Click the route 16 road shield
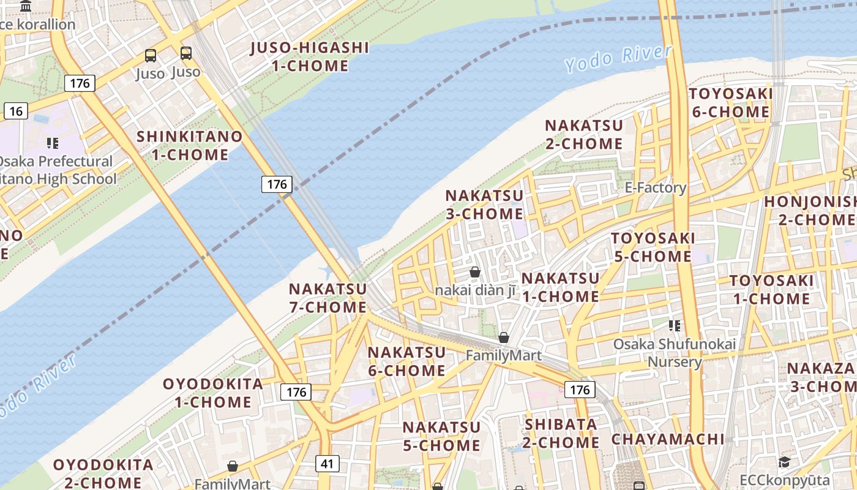(x=15, y=111)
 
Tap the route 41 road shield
(x=327, y=464)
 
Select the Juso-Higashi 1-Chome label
(x=310, y=57)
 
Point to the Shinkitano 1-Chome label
(x=190, y=145)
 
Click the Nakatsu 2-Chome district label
(x=584, y=134)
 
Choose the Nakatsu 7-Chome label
(x=327, y=298)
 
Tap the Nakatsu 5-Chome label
(x=441, y=436)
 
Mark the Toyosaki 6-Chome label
(x=730, y=103)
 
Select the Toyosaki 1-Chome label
(x=771, y=290)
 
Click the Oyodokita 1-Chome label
(x=213, y=393)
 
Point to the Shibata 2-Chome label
(x=561, y=433)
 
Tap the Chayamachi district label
(x=668, y=439)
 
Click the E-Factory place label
(x=656, y=187)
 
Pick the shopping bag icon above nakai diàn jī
(x=475, y=272)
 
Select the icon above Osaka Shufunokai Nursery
(x=675, y=326)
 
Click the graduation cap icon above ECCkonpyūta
(x=784, y=462)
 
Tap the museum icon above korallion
(x=26, y=7)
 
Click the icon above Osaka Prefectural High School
(x=53, y=143)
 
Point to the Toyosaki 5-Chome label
(x=653, y=247)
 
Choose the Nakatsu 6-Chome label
(x=406, y=361)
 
